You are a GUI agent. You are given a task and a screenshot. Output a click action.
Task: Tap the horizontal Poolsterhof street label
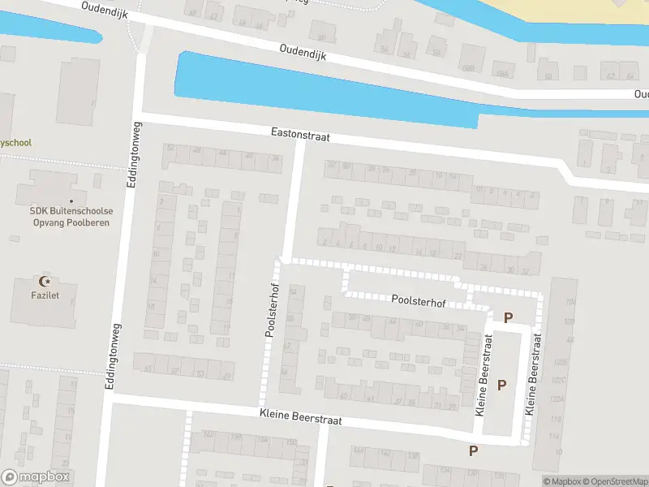coord(419,301)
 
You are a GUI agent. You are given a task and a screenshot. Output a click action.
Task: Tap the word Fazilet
coord(45,295)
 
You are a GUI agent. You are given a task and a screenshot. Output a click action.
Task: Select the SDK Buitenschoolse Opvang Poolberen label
coord(71,217)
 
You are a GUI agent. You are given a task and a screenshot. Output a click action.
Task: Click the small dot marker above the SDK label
coord(71,200)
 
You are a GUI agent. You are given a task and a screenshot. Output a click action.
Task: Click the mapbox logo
coord(36,477)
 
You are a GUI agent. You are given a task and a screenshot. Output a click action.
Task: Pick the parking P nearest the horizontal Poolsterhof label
coord(508,318)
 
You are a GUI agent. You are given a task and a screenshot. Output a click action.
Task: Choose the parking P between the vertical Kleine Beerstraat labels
coord(501,385)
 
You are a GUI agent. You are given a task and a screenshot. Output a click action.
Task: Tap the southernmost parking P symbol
coord(473,450)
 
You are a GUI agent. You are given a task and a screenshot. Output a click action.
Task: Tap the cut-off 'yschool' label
coord(15,143)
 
